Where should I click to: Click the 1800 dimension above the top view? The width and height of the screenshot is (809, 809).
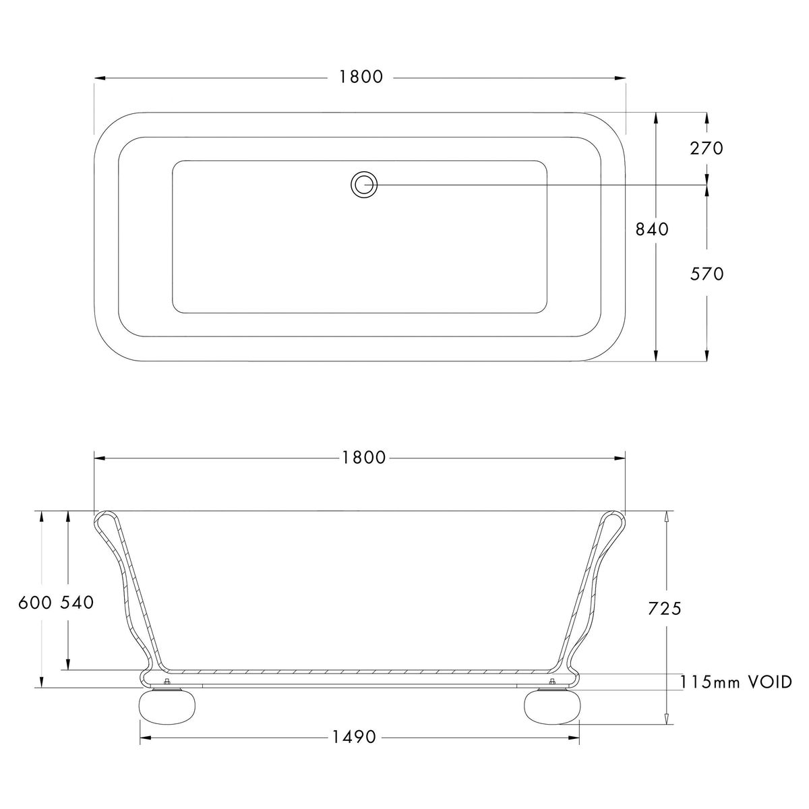click(x=361, y=78)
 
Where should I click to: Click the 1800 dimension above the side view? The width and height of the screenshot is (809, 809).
click(x=363, y=458)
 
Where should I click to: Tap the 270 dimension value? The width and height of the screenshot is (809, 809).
click(x=707, y=148)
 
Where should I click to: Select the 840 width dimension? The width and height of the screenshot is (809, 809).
click(x=652, y=229)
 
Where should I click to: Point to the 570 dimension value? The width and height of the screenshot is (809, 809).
click(x=707, y=274)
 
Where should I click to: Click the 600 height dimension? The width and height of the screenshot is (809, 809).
click(x=35, y=603)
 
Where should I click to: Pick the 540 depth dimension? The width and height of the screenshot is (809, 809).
click(x=78, y=603)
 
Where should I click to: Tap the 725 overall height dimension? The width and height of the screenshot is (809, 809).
click(x=665, y=609)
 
